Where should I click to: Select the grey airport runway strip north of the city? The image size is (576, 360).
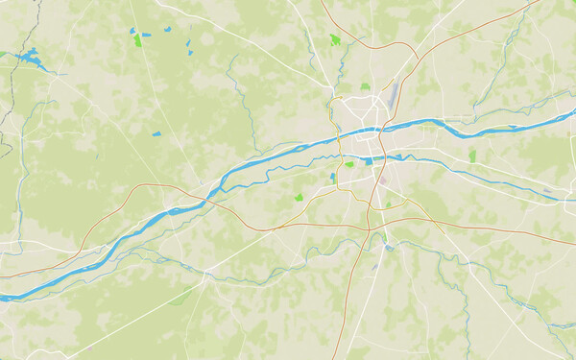(392, 94)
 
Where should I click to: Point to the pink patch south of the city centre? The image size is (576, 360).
(382, 179)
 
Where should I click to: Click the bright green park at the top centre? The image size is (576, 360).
(335, 40)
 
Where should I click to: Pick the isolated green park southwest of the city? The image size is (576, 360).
(299, 197)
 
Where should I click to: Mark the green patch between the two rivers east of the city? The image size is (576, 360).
(472, 156)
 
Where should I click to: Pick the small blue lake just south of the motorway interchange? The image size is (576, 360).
(388, 248)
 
